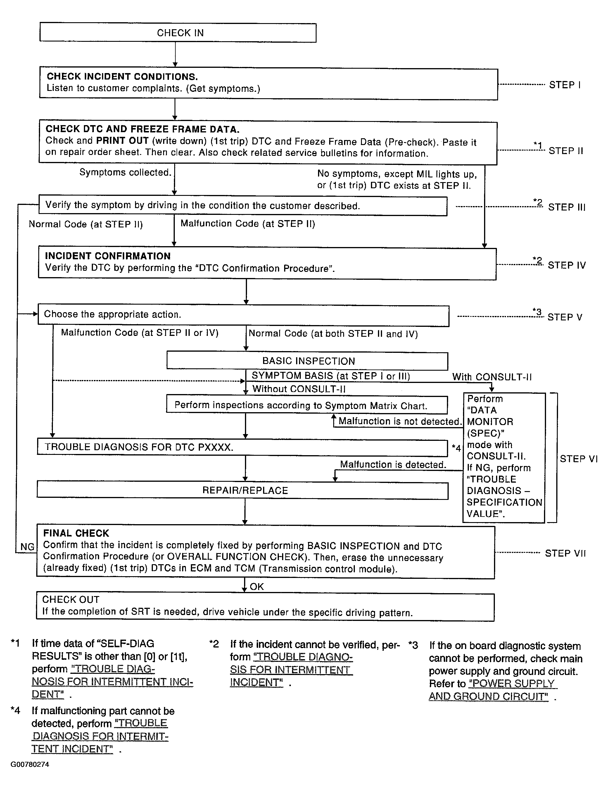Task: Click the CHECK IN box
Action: pos(178,33)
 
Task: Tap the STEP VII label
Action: pos(565,553)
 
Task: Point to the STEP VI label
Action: pos(578,459)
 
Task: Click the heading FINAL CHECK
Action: pos(76,534)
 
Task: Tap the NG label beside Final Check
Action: pos(27,547)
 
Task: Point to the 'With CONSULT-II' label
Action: pos(492,377)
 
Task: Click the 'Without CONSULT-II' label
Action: pos(299,389)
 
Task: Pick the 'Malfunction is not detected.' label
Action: pos(400,421)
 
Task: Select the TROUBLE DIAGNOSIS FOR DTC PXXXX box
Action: pos(242,447)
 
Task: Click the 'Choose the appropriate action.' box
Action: pos(243,315)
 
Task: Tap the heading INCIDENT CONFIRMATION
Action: pos(108,256)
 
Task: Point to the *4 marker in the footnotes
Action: pos(15,711)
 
